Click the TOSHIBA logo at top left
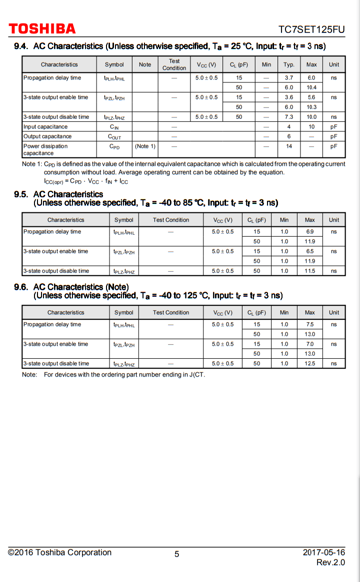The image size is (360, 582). coord(42,29)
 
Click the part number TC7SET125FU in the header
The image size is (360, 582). coord(311,29)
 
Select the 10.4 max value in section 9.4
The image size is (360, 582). coord(311,87)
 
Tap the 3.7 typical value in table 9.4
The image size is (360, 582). coord(289,78)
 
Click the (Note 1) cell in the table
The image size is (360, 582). coord(145,146)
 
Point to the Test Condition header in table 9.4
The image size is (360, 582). coord(174,64)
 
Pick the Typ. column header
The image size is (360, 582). coord(289,64)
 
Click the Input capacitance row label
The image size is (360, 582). coord(45,127)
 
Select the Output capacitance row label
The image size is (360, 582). coord(47,136)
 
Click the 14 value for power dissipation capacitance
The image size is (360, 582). coord(289,146)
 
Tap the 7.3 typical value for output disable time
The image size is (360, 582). coord(289,117)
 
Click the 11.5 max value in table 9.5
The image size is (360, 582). coord(310,271)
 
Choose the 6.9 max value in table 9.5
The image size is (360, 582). coord(310,232)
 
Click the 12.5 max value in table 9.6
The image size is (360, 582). coord(310,364)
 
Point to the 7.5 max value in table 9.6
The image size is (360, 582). coord(310,325)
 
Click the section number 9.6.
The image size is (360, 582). coord(21,287)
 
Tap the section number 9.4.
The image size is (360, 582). coord(21,46)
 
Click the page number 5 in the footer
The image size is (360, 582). coord(176,554)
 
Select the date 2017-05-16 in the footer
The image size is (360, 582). coord(323,553)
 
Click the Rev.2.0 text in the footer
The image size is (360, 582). coord(330,563)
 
